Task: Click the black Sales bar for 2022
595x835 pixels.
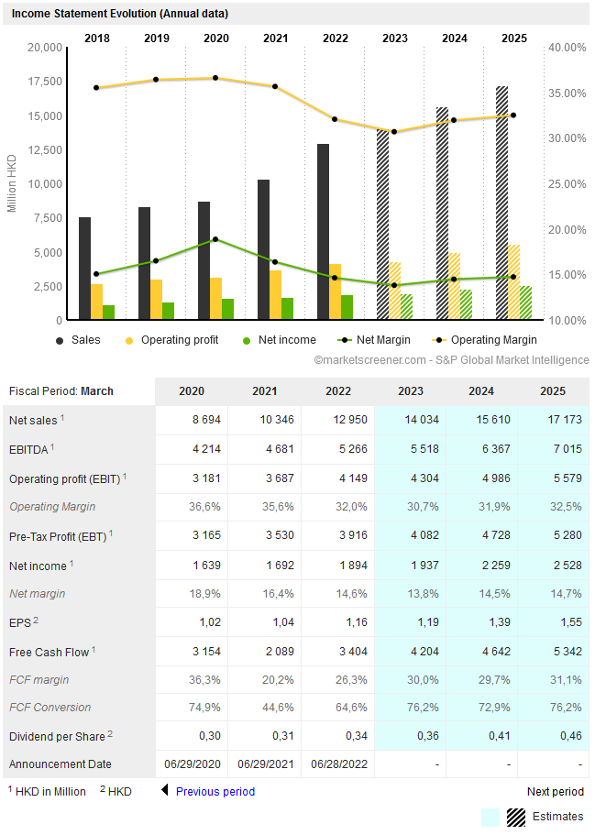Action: [x=323, y=232]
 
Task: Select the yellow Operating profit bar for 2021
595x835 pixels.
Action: [x=275, y=295]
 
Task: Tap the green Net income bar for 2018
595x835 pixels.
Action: [x=108, y=313]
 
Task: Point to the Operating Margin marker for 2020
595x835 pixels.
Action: [x=215, y=78]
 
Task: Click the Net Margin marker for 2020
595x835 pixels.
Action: [x=215, y=239]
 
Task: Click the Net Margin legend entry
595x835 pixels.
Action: [x=366, y=340]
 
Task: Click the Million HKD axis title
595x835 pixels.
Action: [x=12, y=182]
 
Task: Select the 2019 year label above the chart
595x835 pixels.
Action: [x=157, y=38]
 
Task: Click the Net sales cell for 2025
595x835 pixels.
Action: [x=554, y=421]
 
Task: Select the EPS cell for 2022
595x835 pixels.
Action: [x=338, y=622]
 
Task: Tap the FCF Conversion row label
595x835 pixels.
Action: [x=50, y=708]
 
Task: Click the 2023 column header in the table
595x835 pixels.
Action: [x=411, y=391]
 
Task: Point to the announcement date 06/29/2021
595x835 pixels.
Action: [x=265, y=764]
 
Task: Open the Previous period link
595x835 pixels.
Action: [x=215, y=792]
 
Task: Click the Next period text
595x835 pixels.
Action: [x=555, y=792]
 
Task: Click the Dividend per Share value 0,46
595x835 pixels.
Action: [x=554, y=736]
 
